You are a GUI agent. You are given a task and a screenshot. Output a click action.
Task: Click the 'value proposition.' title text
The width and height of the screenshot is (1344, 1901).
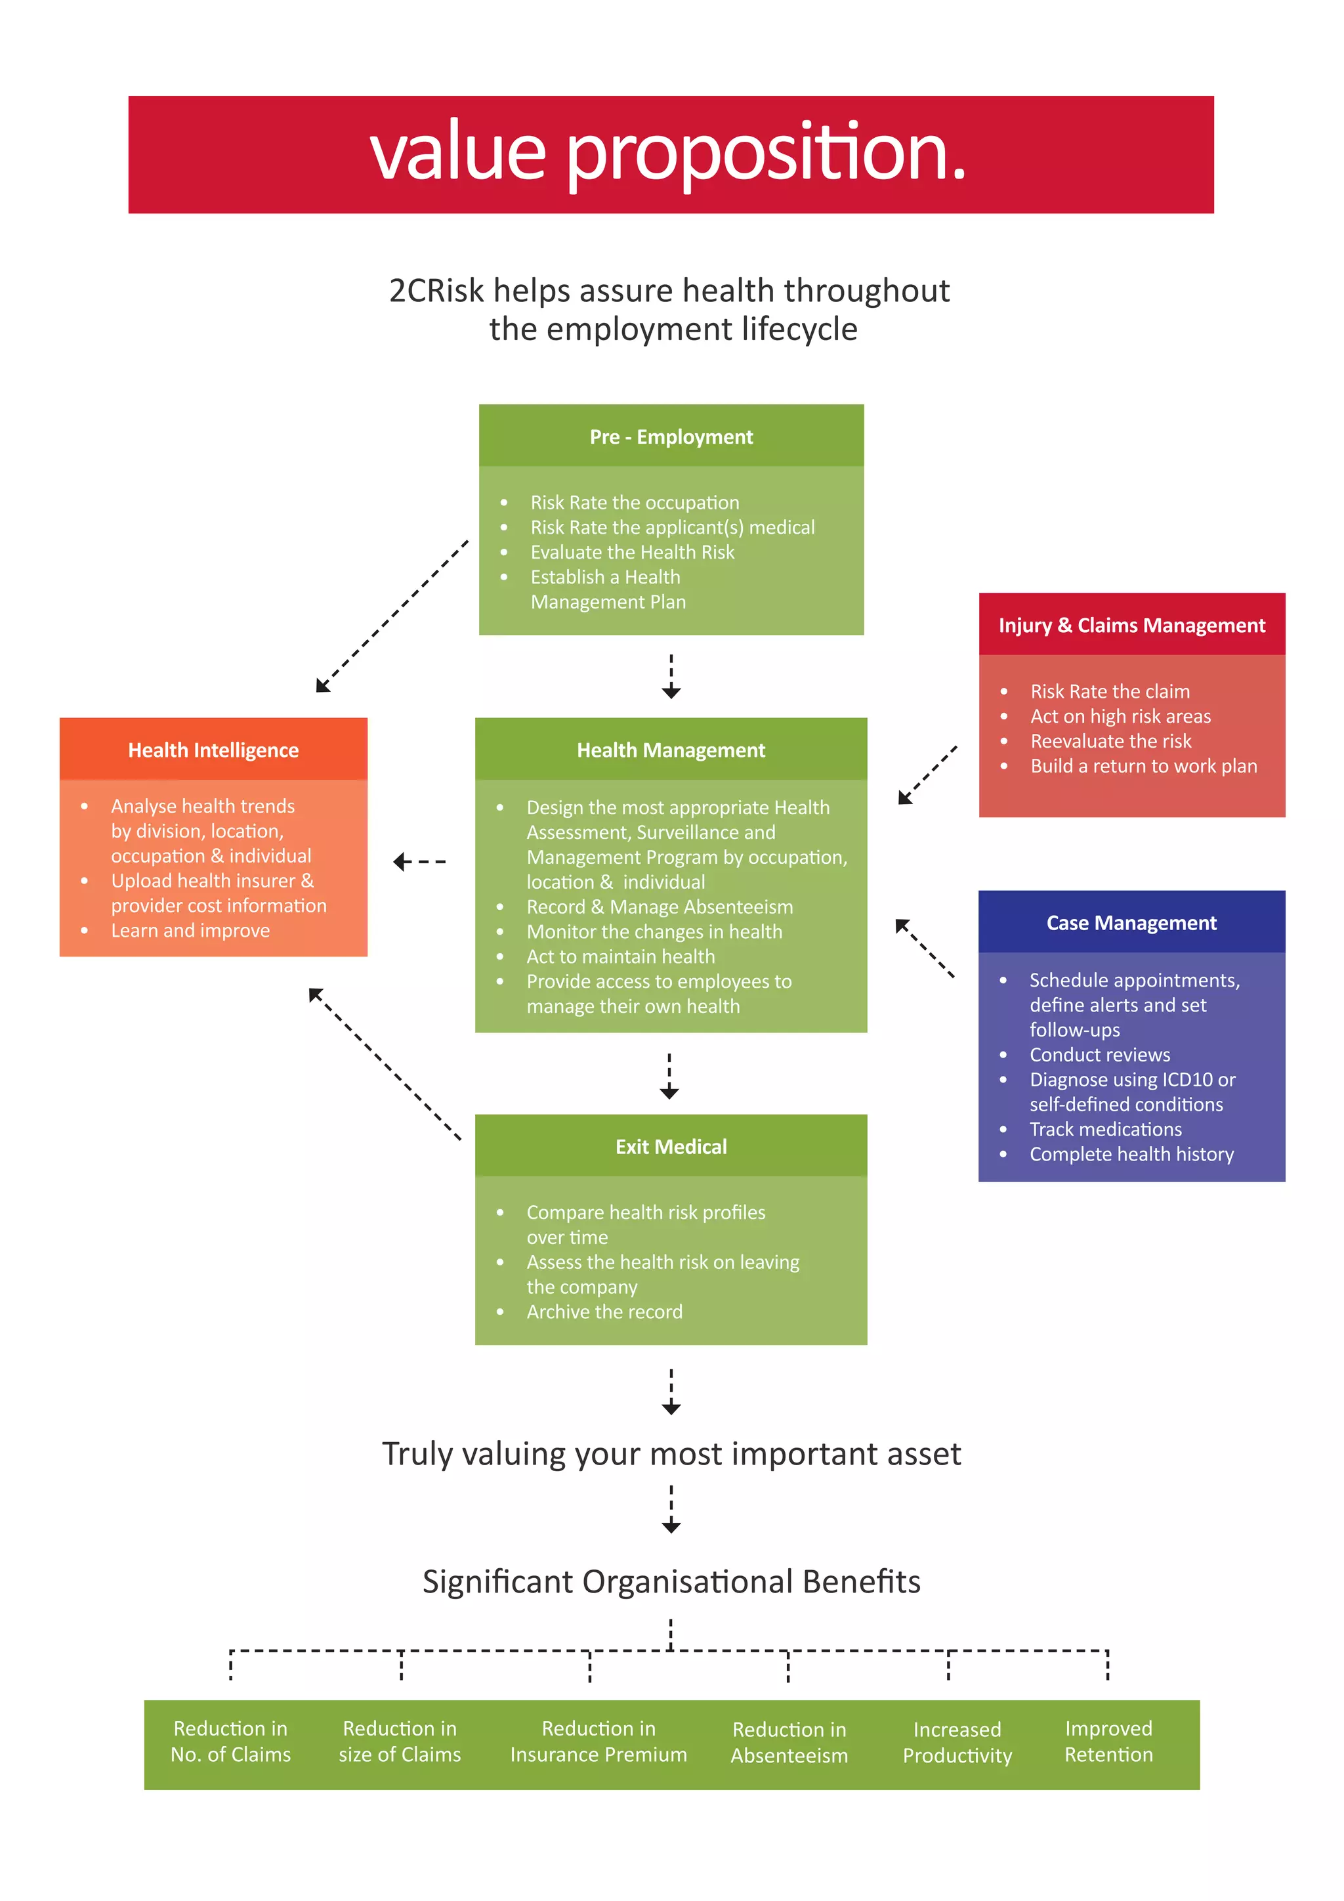pyautogui.click(x=669, y=153)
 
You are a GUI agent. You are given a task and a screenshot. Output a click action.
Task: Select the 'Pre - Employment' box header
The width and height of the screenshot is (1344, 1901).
pyautogui.click(x=671, y=437)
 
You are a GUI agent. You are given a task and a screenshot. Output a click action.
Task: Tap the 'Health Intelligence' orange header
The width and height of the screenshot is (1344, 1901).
pyautogui.click(x=213, y=750)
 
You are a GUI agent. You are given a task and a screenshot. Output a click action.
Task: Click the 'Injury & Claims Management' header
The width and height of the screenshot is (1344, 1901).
pyautogui.click(x=1131, y=625)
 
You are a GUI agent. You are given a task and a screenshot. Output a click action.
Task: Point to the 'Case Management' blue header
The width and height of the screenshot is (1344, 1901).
pyautogui.click(x=1131, y=922)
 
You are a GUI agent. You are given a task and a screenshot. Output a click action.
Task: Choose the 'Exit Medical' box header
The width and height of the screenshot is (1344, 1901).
pyautogui.click(x=671, y=1147)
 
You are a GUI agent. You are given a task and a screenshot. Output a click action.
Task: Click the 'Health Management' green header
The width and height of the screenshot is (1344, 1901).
pyautogui.click(x=671, y=750)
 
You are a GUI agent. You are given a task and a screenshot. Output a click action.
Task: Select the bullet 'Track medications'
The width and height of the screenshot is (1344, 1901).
pyautogui.click(x=1105, y=1129)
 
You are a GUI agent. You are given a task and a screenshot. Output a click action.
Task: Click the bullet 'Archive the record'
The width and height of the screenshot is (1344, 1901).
pyautogui.click(x=604, y=1312)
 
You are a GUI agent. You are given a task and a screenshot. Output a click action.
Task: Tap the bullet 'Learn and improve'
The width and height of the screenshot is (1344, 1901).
pyautogui.click(x=190, y=931)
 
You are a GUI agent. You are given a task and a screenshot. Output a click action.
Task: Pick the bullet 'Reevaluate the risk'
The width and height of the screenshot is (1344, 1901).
pyautogui.click(x=1110, y=741)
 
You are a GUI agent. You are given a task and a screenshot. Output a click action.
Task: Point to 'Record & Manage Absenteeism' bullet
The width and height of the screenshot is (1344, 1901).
pyautogui.click(x=660, y=907)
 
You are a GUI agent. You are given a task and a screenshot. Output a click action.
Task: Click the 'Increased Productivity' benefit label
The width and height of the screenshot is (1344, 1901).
pyautogui.click(x=957, y=1743)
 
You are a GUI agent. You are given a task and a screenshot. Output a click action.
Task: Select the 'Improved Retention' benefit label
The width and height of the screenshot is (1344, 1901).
pyautogui.click(x=1108, y=1741)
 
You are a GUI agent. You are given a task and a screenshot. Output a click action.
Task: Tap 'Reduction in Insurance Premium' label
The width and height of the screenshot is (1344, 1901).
pyautogui.click(x=598, y=1741)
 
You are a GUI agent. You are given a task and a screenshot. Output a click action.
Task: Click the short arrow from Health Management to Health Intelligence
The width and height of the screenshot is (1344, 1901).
pyautogui.click(x=419, y=862)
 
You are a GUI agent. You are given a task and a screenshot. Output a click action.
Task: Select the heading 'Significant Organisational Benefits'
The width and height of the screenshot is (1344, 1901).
pyautogui.click(x=671, y=1581)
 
